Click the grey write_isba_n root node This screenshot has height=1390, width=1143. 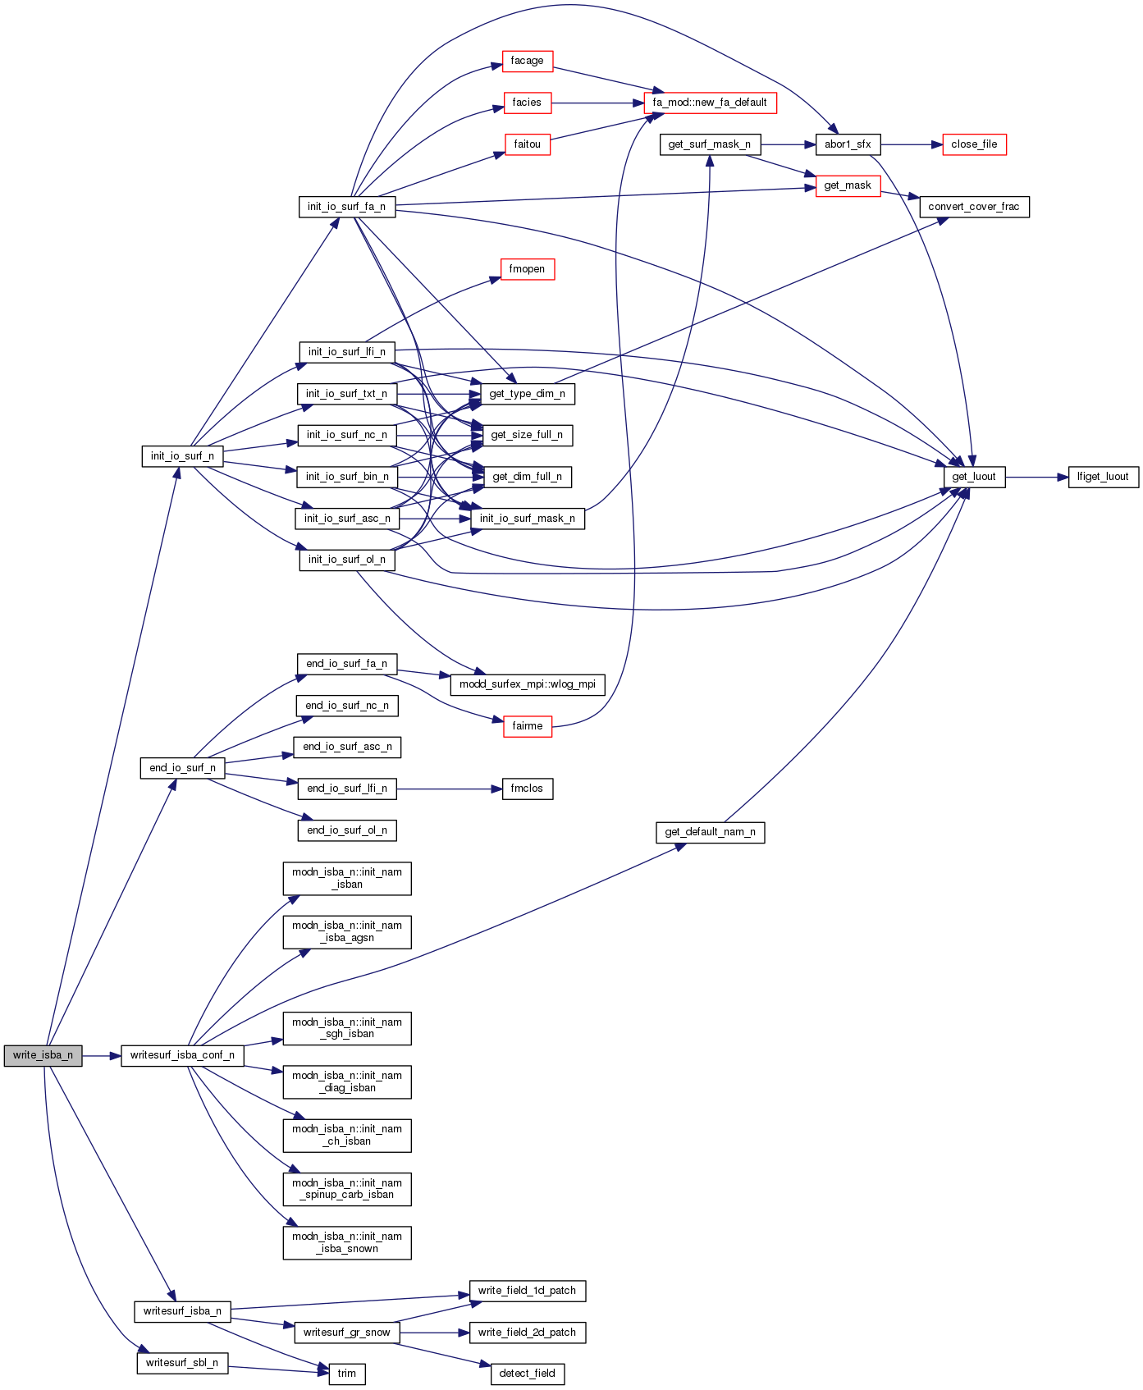click(43, 1055)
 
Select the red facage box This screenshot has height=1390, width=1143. click(527, 61)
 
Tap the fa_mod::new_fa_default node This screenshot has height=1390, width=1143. click(710, 103)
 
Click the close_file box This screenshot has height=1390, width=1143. click(974, 144)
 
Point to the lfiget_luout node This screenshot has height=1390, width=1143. click(1103, 477)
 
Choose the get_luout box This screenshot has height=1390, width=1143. click(974, 477)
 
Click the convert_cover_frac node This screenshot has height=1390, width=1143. click(974, 207)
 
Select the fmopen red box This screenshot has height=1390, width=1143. click(527, 269)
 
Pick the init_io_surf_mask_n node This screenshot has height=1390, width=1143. click(528, 519)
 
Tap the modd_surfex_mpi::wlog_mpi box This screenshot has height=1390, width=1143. click(528, 684)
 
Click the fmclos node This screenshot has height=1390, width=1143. click(527, 789)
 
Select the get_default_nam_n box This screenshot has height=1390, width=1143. click(710, 832)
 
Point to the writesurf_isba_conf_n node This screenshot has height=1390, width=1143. click(182, 1055)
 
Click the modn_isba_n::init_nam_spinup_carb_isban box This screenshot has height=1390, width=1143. click(347, 1189)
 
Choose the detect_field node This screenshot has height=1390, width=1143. click(527, 1374)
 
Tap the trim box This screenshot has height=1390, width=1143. click(347, 1374)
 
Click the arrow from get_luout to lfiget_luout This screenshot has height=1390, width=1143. click(1036, 477)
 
